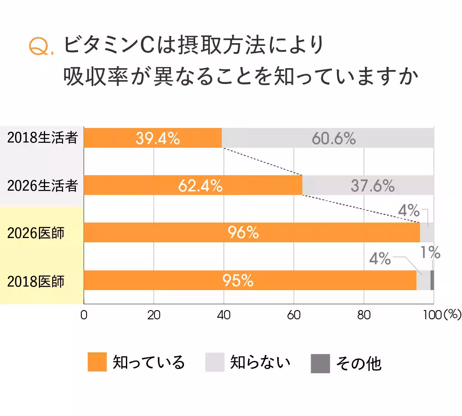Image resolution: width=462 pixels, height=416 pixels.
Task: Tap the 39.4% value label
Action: click(157, 138)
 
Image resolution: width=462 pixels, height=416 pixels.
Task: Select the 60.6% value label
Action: click(333, 138)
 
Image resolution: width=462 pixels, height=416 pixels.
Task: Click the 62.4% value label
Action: click(200, 186)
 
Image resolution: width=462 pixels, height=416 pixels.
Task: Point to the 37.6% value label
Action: click(372, 186)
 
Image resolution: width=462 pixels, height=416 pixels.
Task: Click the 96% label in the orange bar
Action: click(243, 232)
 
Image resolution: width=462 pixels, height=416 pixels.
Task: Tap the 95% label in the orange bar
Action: click(238, 280)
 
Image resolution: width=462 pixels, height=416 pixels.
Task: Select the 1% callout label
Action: click(430, 253)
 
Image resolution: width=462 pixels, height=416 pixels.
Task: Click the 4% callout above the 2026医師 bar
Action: click(408, 211)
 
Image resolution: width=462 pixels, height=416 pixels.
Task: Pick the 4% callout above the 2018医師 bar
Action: click(380, 258)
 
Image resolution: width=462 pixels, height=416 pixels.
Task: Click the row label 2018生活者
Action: click(42, 138)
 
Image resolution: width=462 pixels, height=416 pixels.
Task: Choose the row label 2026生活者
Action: click(42, 186)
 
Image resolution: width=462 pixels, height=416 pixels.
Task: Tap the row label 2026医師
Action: click(36, 233)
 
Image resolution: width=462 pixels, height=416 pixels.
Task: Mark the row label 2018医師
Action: click(36, 281)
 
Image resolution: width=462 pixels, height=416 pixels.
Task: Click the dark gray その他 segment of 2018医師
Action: click(432, 280)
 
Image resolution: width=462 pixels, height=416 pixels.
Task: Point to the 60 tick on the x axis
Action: click(294, 315)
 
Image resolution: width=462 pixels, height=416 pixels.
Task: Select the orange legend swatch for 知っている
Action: click(97, 362)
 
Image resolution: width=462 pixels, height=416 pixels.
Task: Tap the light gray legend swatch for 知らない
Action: click(214, 362)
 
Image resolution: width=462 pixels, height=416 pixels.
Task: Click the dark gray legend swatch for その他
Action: click(320, 363)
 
